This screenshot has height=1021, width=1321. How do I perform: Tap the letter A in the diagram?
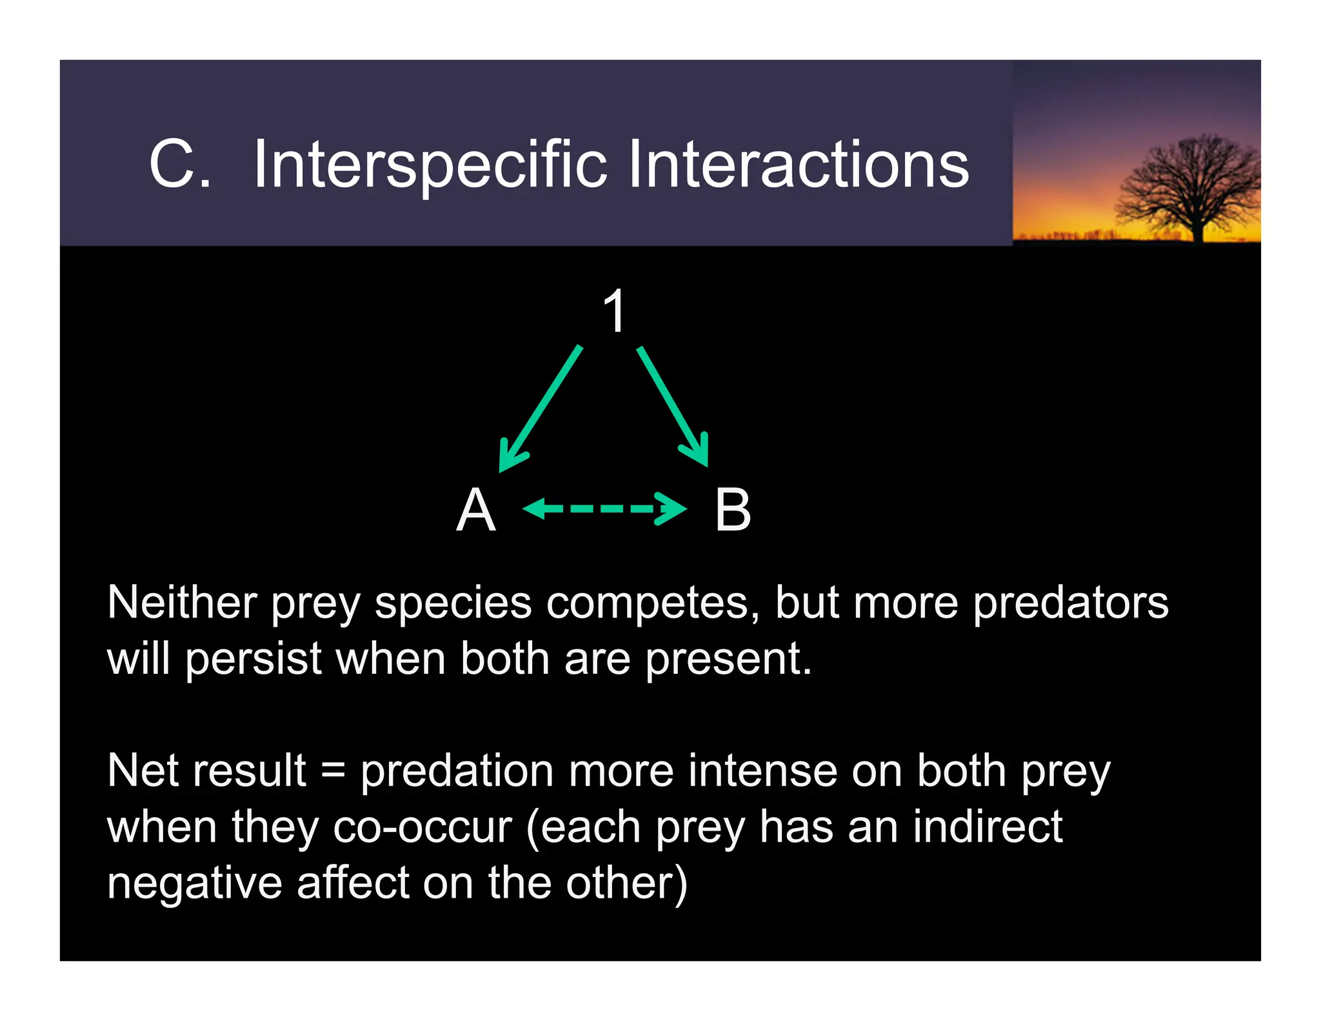click(476, 510)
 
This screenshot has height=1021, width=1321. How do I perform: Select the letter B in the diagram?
click(733, 510)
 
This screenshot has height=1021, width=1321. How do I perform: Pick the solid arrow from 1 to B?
click(673, 406)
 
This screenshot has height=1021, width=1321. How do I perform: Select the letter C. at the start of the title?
click(179, 165)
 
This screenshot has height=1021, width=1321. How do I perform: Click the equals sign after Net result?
click(333, 771)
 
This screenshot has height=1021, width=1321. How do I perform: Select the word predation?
click(457, 771)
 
